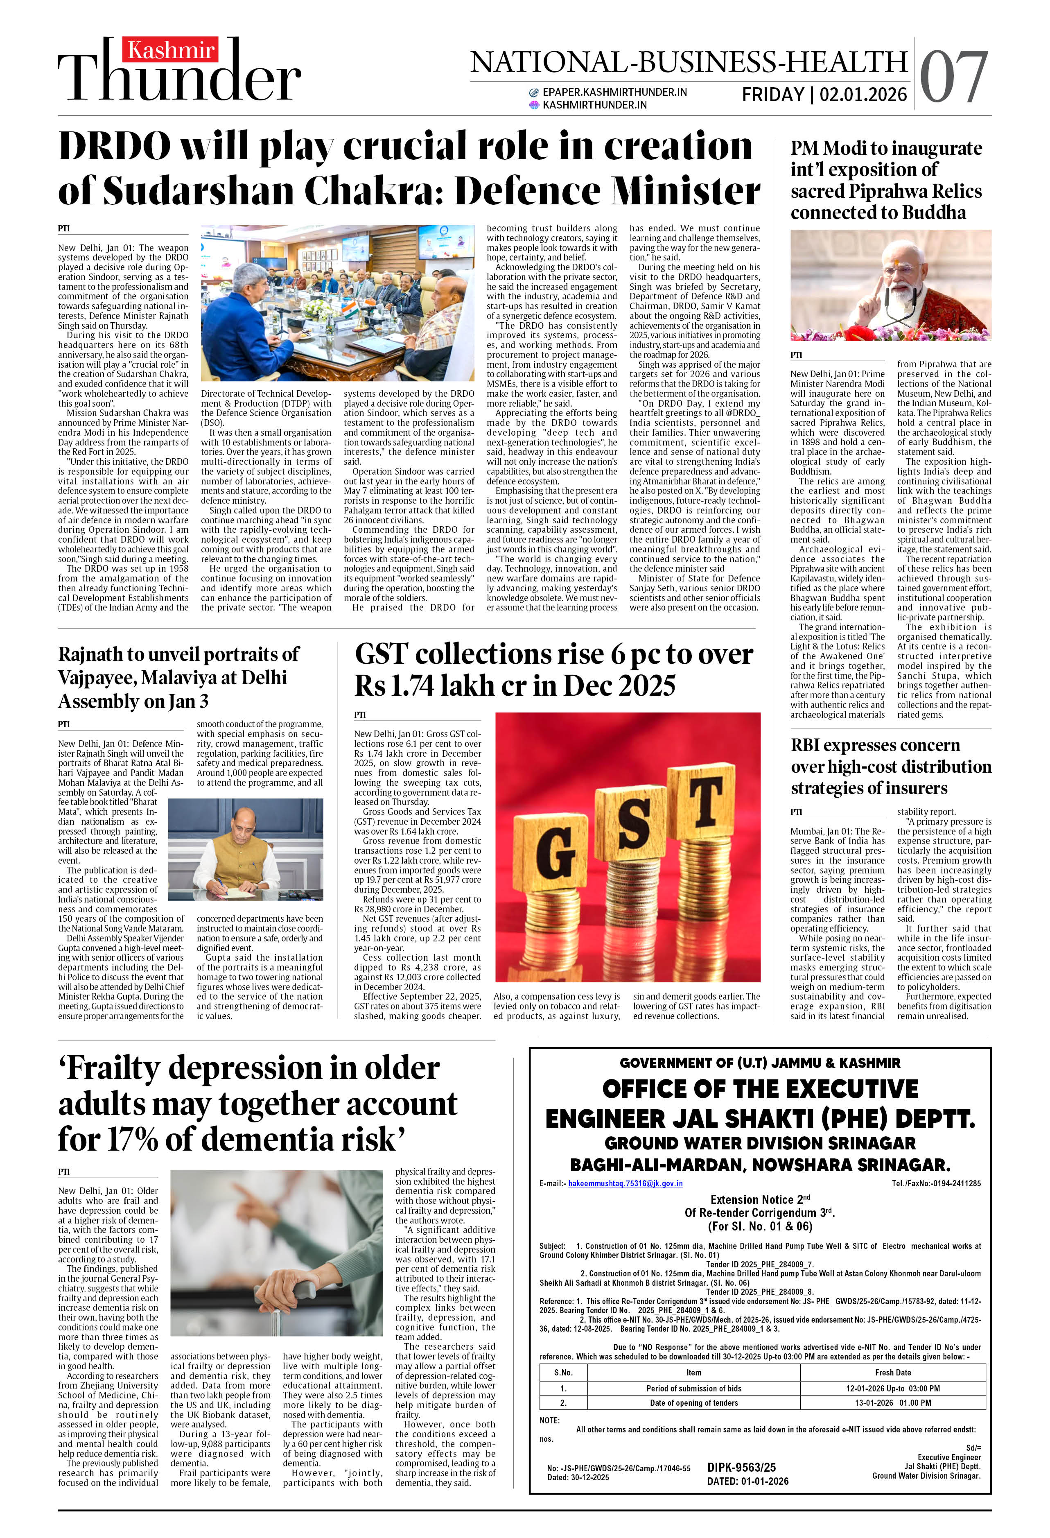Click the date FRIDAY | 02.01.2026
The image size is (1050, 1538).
tap(824, 95)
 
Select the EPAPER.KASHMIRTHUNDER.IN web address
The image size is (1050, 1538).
tap(614, 92)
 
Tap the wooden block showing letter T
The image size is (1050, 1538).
tap(705, 802)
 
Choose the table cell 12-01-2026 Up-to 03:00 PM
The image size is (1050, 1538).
tap(892, 1389)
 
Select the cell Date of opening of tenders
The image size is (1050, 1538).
tap(693, 1403)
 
